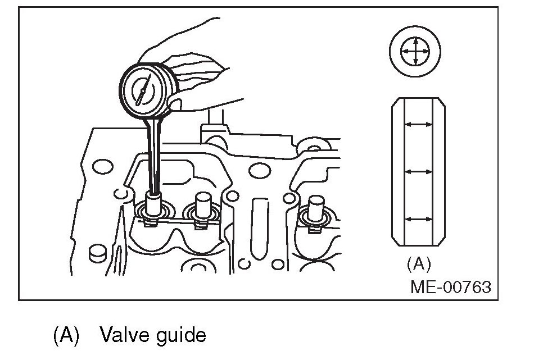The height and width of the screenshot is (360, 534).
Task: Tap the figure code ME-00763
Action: pyautogui.click(x=450, y=288)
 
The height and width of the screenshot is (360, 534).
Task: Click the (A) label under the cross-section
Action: pyautogui.click(x=418, y=263)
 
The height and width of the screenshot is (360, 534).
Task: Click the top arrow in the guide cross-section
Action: pyautogui.click(x=419, y=125)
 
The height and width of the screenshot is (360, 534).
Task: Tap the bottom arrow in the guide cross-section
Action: pyautogui.click(x=419, y=219)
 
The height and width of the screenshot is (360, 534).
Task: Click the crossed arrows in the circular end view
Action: pyautogui.click(x=415, y=52)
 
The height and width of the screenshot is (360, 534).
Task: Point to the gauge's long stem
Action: pyautogui.click(x=152, y=152)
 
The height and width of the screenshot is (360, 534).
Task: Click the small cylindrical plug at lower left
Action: pyautogui.click(x=98, y=253)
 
